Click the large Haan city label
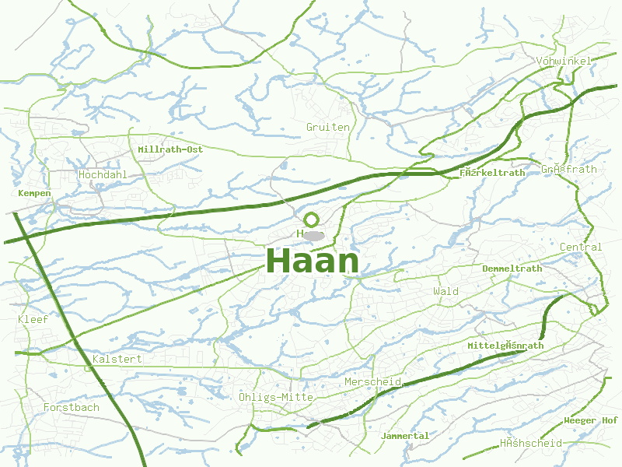pos(313,262)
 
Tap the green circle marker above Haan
pos(312,219)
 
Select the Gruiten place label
pos(328,127)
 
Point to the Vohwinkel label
pos(564,61)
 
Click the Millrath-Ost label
pos(170,149)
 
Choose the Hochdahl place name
pos(103,174)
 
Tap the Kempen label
pos(34,193)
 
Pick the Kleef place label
pos(33,319)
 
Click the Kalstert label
pos(117,359)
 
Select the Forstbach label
pos(72,407)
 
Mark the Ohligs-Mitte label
pos(276,397)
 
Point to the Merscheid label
pos(372,382)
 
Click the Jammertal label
pos(405,436)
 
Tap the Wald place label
pos(446,291)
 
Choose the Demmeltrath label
pos(512,269)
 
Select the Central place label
pos(581,247)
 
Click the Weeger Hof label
pos(591,420)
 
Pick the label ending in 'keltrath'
pos(492,173)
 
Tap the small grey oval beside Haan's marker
pos(313,235)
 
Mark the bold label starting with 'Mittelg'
pos(505,345)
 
